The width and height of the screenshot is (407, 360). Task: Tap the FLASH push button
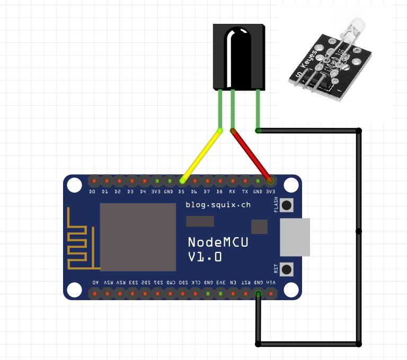point(287,205)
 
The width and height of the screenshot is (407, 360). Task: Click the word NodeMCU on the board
point(218,242)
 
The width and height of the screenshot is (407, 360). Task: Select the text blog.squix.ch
point(218,204)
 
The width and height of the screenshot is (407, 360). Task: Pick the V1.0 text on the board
point(205,257)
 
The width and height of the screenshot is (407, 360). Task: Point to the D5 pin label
point(181,191)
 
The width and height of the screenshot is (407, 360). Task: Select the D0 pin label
point(92,191)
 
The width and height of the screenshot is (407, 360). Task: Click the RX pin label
point(232,191)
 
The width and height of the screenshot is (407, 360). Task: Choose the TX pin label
point(245,191)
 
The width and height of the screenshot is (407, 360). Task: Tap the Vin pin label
point(271,283)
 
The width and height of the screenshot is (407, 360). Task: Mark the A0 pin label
point(95,283)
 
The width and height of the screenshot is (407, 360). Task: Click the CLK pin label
point(196,283)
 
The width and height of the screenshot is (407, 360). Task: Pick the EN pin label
point(233,283)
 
